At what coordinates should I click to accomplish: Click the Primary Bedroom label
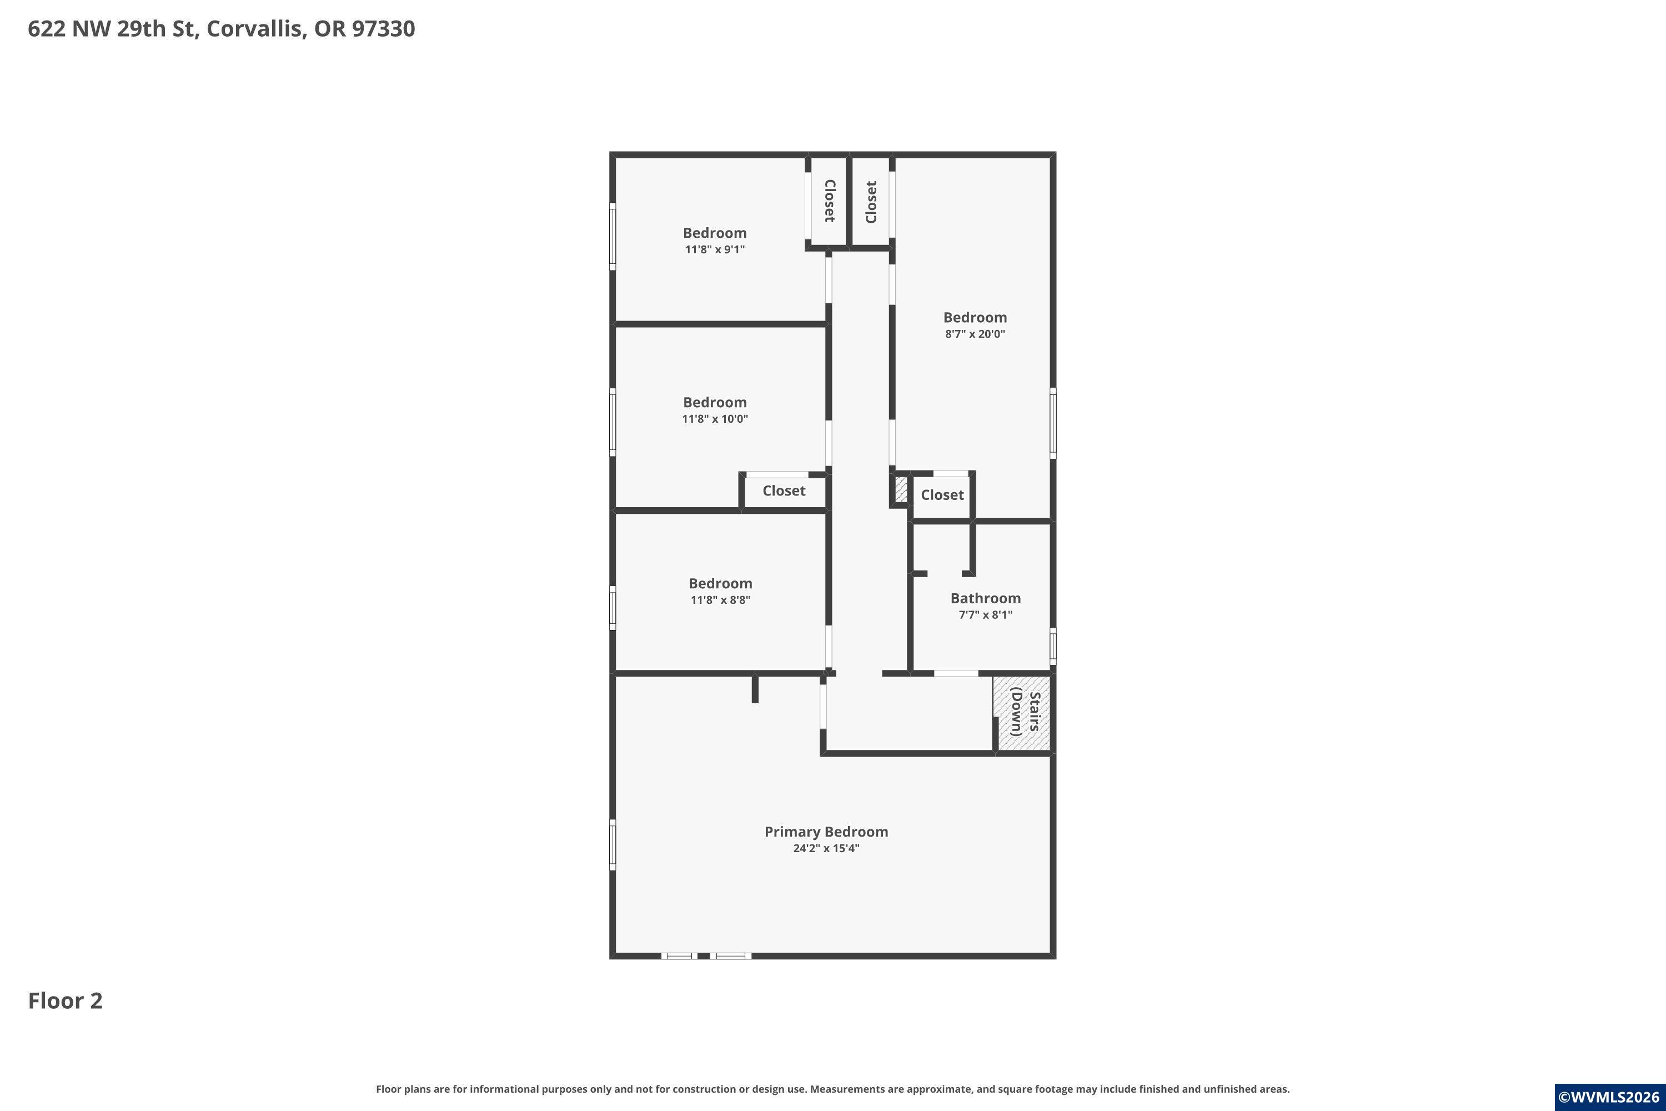tap(826, 832)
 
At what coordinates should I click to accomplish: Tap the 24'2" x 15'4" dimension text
tap(826, 848)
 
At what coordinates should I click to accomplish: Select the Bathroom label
tap(985, 599)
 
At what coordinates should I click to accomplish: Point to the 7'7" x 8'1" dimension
tap(985, 615)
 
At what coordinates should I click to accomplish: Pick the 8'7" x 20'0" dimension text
tap(975, 334)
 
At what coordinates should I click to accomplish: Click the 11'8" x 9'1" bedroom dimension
tap(715, 249)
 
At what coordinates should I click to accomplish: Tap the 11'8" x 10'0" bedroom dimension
tap(715, 419)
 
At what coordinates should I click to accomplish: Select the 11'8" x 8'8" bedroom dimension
tap(720, 600)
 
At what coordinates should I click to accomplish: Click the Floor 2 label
tap(65, 1000)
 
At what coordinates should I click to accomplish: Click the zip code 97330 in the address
tap(383, 29)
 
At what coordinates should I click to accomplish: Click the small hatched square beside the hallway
tap(901, 489)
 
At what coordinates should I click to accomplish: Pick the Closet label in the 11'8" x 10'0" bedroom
tap(784, 491)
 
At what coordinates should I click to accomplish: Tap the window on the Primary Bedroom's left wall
tap(613, 844)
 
